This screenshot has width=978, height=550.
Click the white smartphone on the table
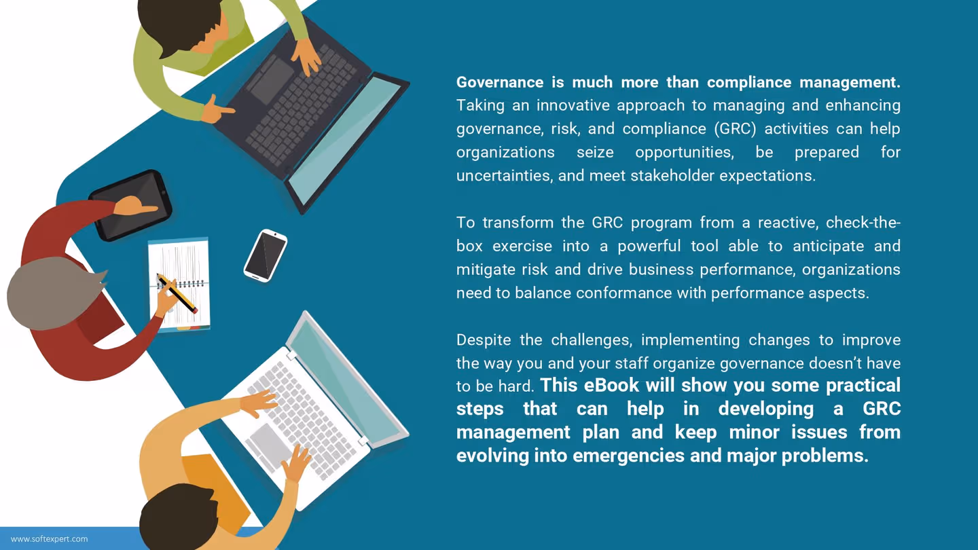coord(265,255)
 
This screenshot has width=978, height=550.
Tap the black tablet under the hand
coord(130,205)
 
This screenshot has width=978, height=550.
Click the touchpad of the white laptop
coord(270,445)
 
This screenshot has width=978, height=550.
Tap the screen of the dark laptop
coord(346,139)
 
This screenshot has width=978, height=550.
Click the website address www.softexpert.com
coord(50,539)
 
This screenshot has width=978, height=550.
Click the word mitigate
coord(486,270)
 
